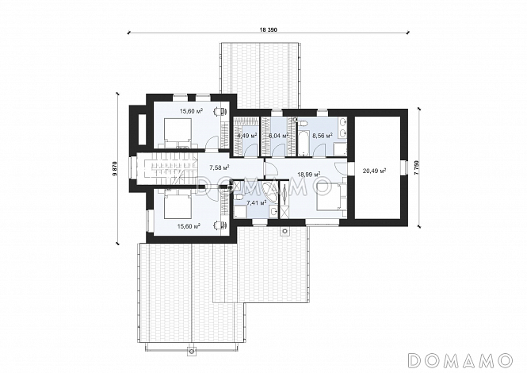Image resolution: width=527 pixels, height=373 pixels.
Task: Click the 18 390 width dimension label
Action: click(268, 29)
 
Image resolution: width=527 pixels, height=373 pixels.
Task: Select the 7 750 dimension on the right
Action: click(417, 167)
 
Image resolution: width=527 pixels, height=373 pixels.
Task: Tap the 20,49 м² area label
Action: click(374, 171)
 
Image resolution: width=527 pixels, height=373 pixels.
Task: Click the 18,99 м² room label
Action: click(308, 174)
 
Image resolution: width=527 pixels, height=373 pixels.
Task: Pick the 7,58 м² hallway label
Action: click(220, 167)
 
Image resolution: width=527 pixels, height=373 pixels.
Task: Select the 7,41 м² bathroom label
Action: click(257, 202)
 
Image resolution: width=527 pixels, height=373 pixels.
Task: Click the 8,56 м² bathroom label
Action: click(323, 136)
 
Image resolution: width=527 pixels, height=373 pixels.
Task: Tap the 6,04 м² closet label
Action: click(279, 136)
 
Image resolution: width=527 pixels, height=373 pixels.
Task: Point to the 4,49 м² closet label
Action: click(247, 136)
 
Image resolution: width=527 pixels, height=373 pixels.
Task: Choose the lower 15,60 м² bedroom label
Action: click(189, 226)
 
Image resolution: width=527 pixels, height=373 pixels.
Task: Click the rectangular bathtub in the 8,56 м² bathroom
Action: click(303, 144)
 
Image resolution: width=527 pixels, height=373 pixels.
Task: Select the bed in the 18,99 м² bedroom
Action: click(329, 197)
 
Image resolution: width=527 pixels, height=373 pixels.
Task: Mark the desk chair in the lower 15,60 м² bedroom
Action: click(220, 225)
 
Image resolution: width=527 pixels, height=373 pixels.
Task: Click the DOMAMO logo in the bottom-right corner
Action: click(460, 360)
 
